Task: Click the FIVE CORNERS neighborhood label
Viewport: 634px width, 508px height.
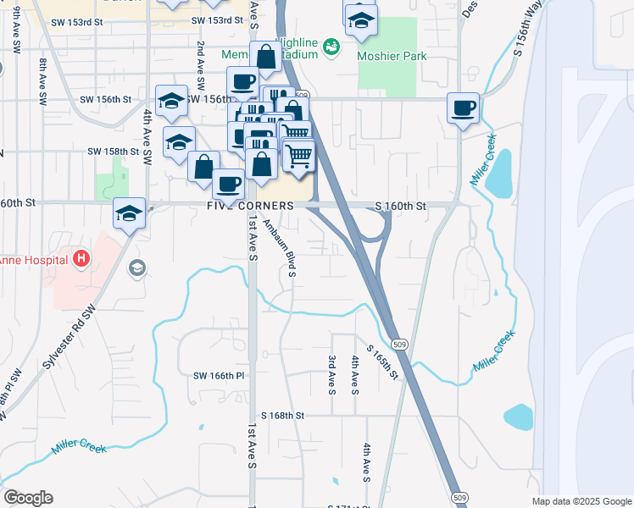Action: [x=250, y=206]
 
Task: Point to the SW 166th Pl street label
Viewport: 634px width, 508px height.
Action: [x=219, y=375]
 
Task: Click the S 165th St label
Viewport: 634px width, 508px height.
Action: [x=382, y=361]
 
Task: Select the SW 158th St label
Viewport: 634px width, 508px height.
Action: [x=113, y=152]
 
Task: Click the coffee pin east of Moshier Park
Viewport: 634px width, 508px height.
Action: [x=464, y=108]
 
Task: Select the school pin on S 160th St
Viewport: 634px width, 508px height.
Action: [x=129, y=213]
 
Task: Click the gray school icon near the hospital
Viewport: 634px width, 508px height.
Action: [x=136, y=268]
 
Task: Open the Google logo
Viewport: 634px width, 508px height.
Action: [x=27, y=498]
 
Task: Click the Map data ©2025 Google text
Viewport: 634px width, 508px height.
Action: [x=581, y=501]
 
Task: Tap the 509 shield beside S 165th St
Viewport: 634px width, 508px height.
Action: [x=400, y=344]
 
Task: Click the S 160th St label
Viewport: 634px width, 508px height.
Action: [x=400, y=206]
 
